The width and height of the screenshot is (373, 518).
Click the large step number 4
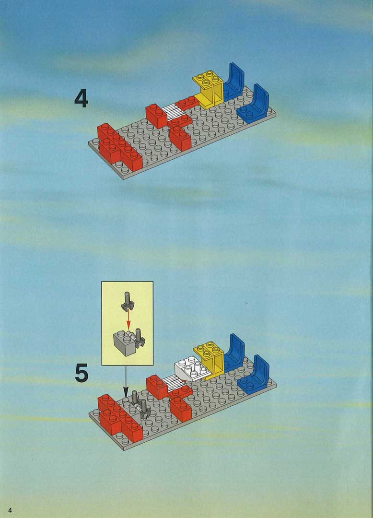81,98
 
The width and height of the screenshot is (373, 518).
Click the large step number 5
82,373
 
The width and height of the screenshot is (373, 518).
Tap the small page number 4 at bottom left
10,510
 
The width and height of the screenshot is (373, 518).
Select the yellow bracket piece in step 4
209,89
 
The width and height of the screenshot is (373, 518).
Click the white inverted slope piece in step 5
192,368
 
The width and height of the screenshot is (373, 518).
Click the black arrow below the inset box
126,382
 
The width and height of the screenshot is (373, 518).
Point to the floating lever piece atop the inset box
127,301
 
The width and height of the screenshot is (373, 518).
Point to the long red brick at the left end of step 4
119,147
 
